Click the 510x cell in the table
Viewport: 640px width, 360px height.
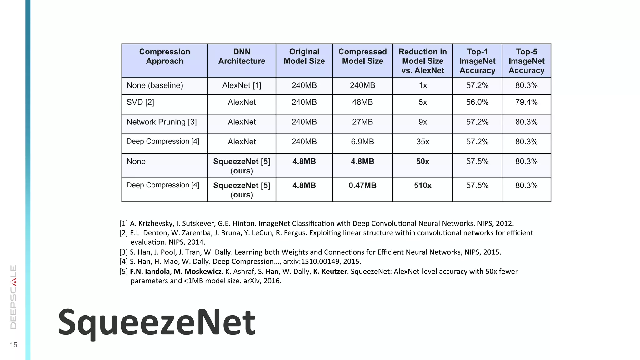(422, 186)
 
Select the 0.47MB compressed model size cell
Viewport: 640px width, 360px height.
(362, 186)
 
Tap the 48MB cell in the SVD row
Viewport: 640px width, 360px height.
(362, 102)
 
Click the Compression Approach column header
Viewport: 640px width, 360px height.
(164, 57)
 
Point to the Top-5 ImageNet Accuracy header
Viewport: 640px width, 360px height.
(526, 61)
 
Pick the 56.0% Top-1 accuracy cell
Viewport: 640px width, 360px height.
(477, 102)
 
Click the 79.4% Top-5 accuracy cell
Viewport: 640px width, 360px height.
(526, 102)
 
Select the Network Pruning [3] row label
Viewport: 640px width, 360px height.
(162, 122)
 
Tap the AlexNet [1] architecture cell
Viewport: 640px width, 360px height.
(242, 85)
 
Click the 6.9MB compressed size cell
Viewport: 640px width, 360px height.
(362, 142)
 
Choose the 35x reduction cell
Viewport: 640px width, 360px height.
(422, 142)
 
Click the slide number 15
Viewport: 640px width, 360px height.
(13, 345)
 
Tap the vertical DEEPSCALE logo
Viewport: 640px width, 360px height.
(13, 297)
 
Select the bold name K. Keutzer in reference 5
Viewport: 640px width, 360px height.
(330, 272)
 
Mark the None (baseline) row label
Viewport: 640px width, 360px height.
(155, 85)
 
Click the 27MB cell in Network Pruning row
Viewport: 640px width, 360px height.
(362, 122)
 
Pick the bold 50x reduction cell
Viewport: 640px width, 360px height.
(422, 162)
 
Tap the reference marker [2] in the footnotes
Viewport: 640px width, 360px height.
(124, 233)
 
